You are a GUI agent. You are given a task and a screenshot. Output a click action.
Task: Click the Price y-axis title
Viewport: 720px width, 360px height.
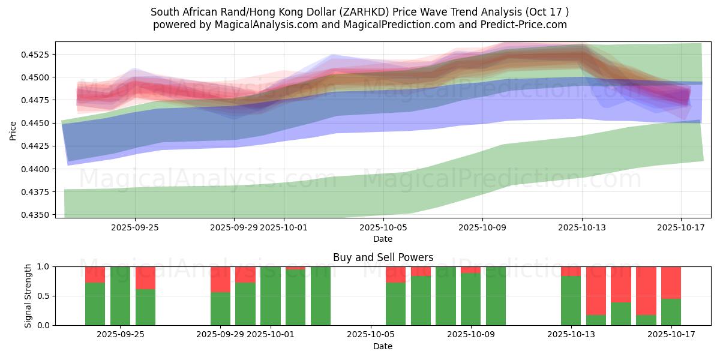13,130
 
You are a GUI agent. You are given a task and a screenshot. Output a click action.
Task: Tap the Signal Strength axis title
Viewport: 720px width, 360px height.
28,296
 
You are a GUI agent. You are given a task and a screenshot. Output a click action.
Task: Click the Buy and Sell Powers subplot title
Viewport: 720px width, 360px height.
383,257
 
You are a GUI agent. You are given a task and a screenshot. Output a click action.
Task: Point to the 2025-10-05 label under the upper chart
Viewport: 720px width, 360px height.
383,227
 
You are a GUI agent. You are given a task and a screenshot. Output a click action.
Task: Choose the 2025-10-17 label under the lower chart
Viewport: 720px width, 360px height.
671,334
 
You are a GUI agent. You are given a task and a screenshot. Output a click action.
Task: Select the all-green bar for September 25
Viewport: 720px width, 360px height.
120,296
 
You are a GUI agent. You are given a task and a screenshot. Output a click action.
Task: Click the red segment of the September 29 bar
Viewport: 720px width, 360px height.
220,279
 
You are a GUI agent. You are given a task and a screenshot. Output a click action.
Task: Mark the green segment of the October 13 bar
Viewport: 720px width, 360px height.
571,301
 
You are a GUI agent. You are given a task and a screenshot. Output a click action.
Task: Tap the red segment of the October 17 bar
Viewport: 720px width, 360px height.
671,283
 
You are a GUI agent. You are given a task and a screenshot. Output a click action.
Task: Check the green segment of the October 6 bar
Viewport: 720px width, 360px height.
395,304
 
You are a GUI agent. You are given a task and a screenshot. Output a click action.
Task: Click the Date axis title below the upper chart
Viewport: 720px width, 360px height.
383,239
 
